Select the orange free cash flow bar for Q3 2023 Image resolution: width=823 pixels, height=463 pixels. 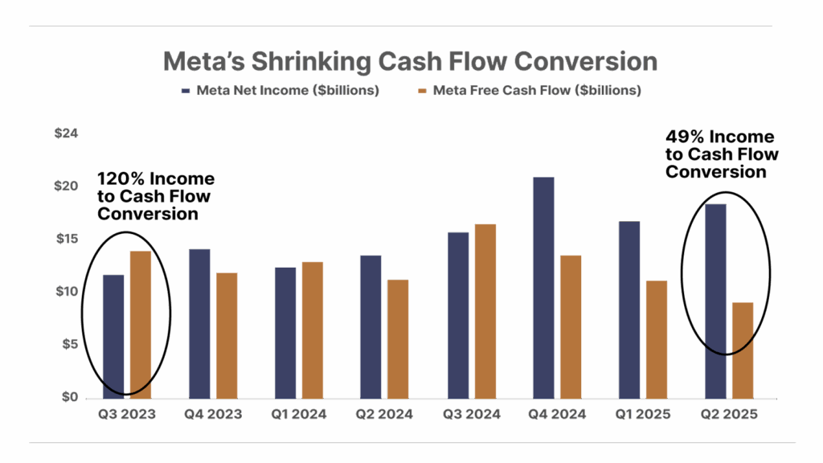point(140,325)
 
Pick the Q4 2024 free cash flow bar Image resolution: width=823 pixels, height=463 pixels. point(571,326)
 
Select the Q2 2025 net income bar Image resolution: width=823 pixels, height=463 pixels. point(715,301)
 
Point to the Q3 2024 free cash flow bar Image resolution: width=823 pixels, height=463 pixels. point(485,310)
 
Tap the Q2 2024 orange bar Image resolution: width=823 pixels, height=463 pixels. point(398,338)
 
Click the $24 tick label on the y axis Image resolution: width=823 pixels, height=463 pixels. point(65,133)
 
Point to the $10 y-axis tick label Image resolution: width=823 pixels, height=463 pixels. point(65,292)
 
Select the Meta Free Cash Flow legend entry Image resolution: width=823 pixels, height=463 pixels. point(530,91)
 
